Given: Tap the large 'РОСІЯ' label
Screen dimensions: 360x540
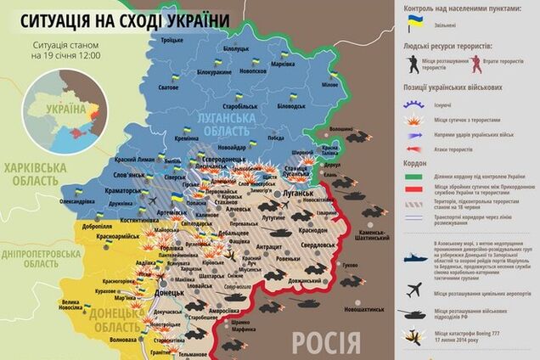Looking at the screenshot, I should click(326, 342).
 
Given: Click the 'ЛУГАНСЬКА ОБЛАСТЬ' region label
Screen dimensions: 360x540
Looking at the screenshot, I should click(224, 126).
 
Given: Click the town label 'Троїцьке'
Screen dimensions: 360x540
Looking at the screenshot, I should click(172, 40).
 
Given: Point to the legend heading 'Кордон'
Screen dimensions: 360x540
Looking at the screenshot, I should click(406, 165).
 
